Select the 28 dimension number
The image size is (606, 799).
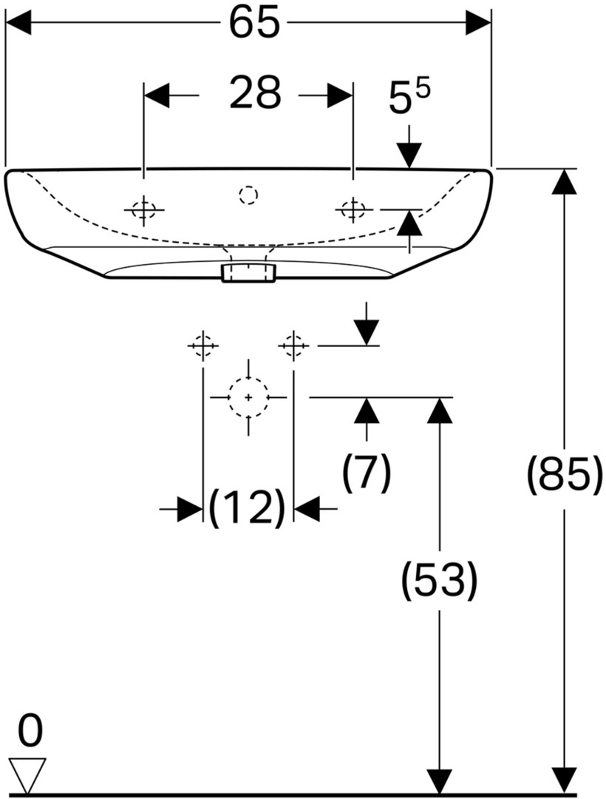255,92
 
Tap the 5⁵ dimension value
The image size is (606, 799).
409,96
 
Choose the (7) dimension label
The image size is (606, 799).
367,473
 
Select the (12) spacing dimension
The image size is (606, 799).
248,508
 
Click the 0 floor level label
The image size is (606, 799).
30,729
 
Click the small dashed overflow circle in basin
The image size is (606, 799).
248,195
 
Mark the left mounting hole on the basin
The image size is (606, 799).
144,209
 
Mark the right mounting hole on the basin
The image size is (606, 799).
352,209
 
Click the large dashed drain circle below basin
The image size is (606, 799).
248,397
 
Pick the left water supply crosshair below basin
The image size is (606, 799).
203,345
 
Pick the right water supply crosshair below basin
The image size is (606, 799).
293,345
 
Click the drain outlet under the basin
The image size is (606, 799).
248,273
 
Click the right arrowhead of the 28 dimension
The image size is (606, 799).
340,95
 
